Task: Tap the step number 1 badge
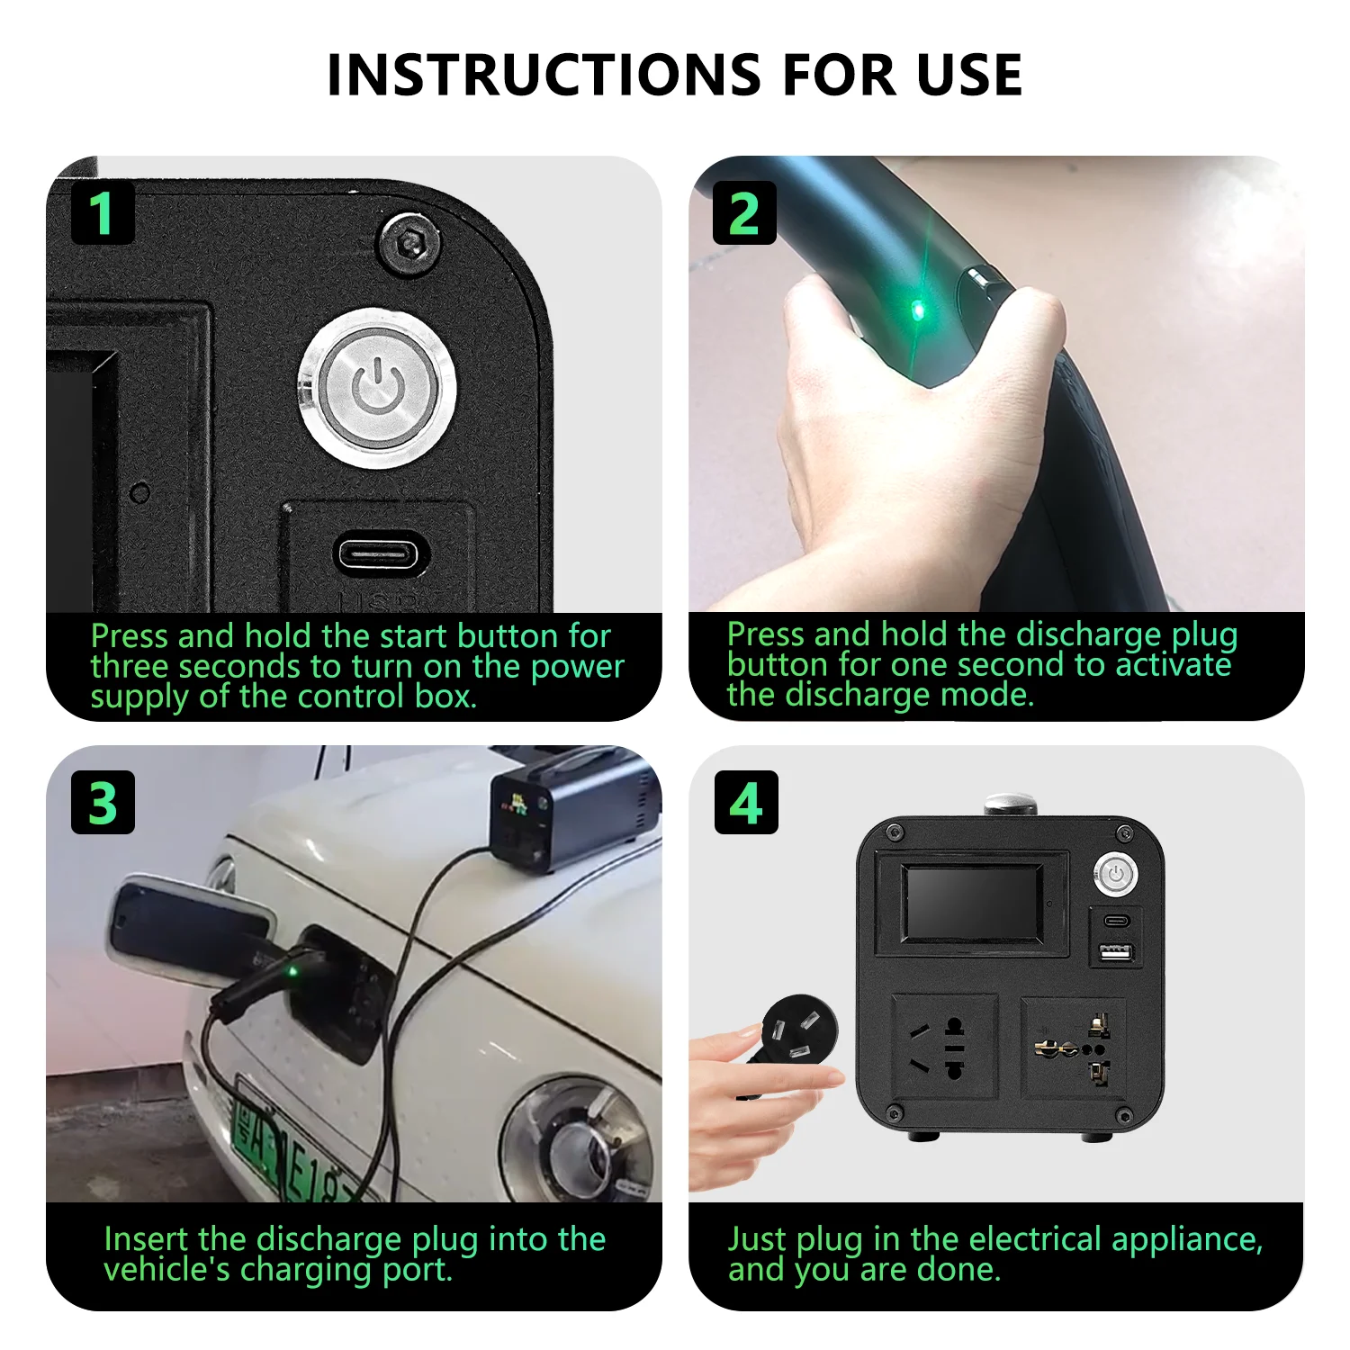(103, 213)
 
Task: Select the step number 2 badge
(744, 213)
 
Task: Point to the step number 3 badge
(103, 802)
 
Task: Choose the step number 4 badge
(746, 802)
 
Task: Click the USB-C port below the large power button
(382, 553)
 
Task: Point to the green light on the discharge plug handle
(918, 311)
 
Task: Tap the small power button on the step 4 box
(1116, 873)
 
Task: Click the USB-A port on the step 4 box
(1116, 951)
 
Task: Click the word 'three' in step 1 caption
(131, 667)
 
